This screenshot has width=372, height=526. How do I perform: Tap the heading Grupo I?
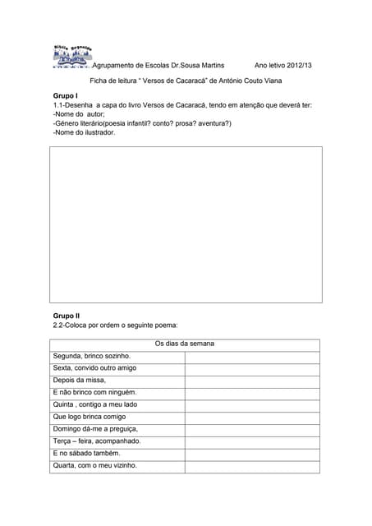[66, 96]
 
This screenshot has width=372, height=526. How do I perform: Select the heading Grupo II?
[67, 316]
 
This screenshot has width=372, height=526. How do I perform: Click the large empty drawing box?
[186, 225]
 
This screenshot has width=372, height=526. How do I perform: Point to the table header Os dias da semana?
[185, 344]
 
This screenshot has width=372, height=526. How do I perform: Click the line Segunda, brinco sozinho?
[92, 356]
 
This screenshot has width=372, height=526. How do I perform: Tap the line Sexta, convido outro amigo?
[94, 368]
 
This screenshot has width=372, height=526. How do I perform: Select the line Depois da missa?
[80, 381]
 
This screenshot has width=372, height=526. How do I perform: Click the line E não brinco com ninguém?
[94, 392]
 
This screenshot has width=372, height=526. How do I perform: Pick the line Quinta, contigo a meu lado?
[95, 404]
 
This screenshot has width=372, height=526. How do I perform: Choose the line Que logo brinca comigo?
[90, 417]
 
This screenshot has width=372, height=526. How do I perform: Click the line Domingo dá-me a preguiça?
[95, 429]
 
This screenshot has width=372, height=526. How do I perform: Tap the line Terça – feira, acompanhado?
[97, 441]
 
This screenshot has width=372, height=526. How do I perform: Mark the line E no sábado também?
[86, 454]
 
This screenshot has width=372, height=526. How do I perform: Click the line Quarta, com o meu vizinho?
[94, 466]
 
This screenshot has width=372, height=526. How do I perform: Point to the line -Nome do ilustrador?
[84, 131]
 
